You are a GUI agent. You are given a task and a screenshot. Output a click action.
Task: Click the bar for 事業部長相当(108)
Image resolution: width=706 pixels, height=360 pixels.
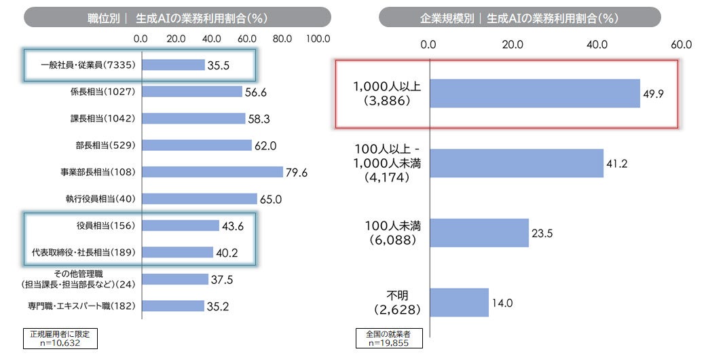(212, 173)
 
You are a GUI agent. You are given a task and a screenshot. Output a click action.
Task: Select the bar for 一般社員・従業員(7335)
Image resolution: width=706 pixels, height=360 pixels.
(173, 65)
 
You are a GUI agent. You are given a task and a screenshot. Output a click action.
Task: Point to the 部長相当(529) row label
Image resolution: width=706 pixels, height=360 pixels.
(105, 145)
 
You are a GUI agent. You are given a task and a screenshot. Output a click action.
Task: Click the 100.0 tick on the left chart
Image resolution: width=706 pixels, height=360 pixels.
(318, 39)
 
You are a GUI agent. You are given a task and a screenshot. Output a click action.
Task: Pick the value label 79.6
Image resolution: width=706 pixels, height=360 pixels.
(297, 173)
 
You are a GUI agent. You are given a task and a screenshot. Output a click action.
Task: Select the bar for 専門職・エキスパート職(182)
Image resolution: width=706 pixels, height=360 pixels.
(172, 306)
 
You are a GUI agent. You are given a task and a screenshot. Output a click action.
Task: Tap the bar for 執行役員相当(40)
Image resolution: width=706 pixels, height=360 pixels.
(199, 199)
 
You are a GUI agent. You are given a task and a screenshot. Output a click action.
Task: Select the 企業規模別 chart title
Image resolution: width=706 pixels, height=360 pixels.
(519, 17)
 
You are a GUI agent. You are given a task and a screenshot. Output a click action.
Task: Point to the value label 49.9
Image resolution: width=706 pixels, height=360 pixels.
(654, 94)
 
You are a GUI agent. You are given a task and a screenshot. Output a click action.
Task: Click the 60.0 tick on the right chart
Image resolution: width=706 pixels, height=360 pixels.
(681, 45)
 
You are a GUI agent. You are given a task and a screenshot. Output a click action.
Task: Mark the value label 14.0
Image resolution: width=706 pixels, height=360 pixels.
(503, 302)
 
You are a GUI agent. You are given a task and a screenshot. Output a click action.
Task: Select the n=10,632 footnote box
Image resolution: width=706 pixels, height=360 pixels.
(60, 339)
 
